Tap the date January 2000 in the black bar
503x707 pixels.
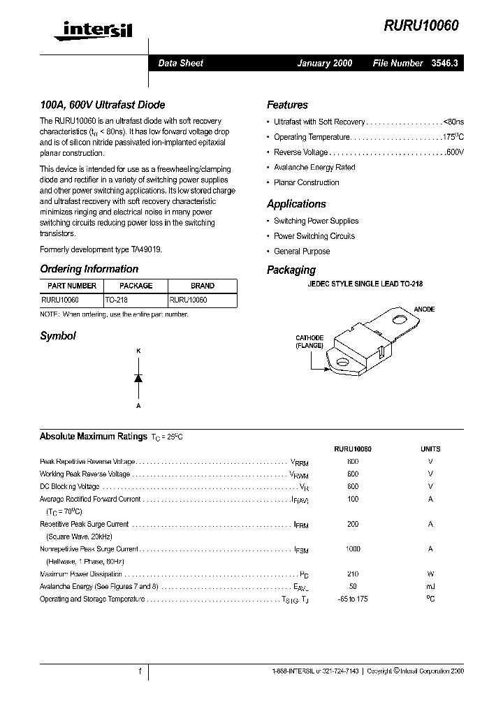point(324,64)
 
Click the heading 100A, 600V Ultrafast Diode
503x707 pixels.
point(103,105)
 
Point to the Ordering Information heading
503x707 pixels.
point(89,269)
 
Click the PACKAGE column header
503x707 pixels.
point(136,286)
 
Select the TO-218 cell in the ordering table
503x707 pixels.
point(117,299)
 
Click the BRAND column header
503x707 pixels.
point(203,286)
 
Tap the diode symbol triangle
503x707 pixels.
point(138,378)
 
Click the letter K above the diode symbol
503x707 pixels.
point(138,350)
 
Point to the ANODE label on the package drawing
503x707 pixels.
point(424,309)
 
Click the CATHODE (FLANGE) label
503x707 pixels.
point(309,342)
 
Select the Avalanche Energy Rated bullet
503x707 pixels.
point(314,168)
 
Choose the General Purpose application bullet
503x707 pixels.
point(302,252)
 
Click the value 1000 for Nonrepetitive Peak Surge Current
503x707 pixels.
point(353,549)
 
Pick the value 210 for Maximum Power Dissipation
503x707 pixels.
point(353,574)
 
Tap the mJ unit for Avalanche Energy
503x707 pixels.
point(430,587)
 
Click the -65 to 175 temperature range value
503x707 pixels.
point(353,599)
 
